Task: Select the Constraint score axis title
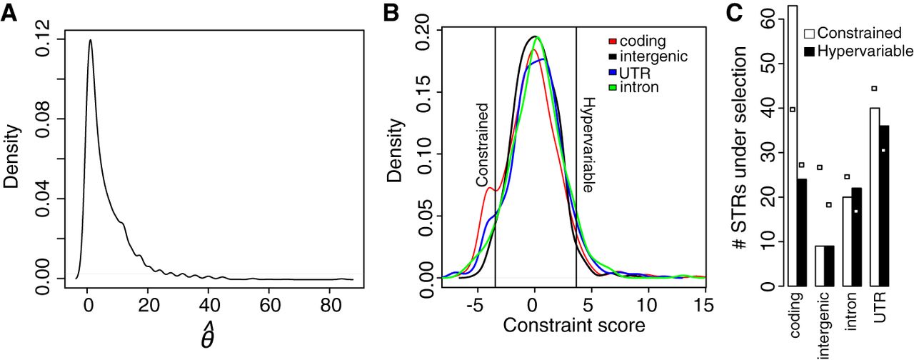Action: [x=574, y=326]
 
